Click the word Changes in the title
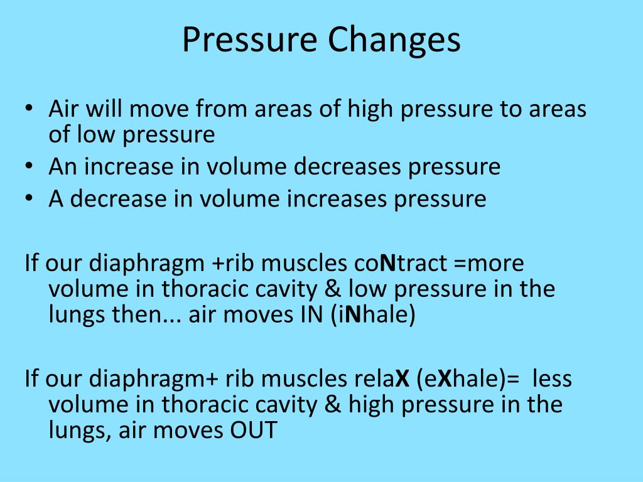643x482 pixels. pyautogui.click(x=393, y=40)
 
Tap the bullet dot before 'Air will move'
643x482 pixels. pyautogui.click(x=30, y=109)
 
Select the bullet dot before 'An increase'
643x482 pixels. pyautogui.click(x=30, y=167)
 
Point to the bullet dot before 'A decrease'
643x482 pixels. pyautogui.click(x=30, y=199)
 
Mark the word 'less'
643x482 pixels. pyautogui.click(x=552, y=379)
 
